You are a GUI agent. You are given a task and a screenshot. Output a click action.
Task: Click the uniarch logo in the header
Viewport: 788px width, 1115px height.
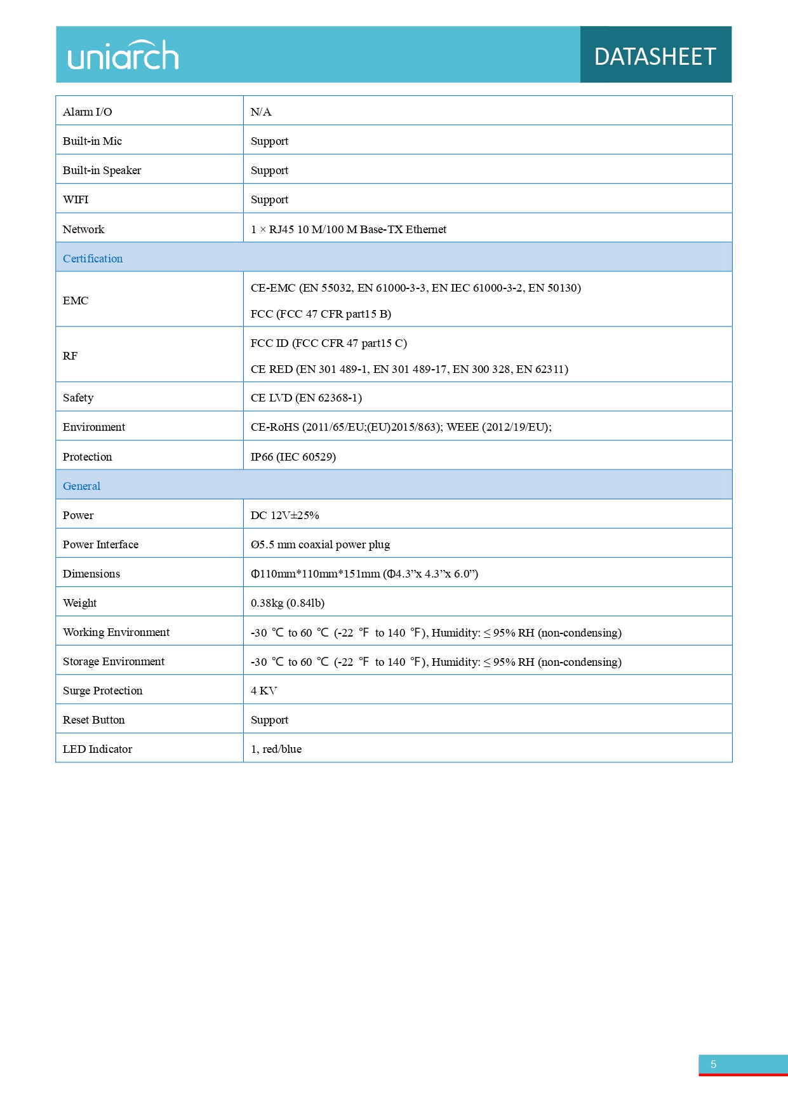[123, 55]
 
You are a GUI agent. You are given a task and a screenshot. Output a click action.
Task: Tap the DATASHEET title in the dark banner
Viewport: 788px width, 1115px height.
[655, 57]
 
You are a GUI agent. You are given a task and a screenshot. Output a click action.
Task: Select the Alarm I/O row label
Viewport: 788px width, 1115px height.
[88, 112]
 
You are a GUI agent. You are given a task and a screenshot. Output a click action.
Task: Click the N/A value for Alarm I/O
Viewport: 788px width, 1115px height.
[261, 112]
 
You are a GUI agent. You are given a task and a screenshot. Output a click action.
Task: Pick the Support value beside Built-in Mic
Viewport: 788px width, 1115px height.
[269, 141]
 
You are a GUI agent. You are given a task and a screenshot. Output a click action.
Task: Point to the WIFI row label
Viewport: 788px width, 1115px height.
[76, 199]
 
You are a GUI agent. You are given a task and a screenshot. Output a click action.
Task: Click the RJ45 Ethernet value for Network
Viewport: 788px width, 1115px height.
[349, 229]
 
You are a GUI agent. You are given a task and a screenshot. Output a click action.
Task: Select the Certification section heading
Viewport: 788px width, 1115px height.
[93, 259]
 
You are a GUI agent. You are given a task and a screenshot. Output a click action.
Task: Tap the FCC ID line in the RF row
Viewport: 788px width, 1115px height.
[329, 343]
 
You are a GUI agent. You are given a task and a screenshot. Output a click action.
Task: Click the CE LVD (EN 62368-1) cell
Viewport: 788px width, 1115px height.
[306, 398]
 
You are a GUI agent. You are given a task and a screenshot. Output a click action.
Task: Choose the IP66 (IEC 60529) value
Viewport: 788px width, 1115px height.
[293, 457]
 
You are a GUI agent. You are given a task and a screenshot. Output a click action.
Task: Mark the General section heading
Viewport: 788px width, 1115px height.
[82, 486]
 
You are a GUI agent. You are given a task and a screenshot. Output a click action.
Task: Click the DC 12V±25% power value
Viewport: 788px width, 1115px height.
[284, 515]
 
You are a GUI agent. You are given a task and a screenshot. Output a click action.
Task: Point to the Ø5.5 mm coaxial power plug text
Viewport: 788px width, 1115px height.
[320, 544]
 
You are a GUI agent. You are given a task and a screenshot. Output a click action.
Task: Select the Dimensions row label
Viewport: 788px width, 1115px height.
[91, 574]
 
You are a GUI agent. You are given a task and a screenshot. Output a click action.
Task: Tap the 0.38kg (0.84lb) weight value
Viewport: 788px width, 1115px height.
[288, 603]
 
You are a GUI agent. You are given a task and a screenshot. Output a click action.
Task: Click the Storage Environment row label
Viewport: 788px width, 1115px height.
[114, 661]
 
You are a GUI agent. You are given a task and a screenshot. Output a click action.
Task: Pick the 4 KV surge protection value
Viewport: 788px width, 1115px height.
[264, 691]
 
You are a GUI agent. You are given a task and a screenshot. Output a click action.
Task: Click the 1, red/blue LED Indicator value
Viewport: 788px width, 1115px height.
[276, 749]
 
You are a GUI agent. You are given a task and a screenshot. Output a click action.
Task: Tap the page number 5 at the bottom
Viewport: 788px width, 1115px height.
[714, 1064]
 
